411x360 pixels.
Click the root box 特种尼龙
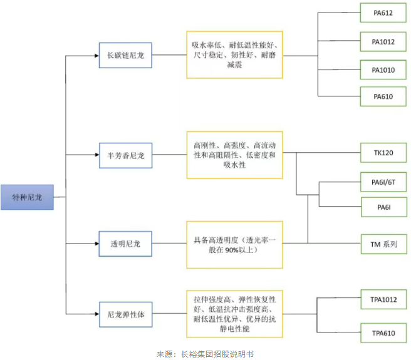(28, 197)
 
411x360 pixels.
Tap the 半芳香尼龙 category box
(125, 155)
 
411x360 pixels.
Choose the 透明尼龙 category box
(125, 244)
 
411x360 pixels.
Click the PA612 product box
(383, 13)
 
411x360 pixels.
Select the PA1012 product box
(383, 42)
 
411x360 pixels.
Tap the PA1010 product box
(383, 69)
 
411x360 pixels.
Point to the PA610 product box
(383, 96)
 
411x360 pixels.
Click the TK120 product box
(383, 153)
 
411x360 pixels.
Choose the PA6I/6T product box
(383, 182)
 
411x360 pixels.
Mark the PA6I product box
(383, 207)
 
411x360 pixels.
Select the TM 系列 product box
(383, 244)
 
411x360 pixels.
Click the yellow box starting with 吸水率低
(234, 55)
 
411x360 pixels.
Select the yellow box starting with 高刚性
(234, 155)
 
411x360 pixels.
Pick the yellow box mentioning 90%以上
(234, 244)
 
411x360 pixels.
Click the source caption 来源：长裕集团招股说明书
(205, 353)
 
